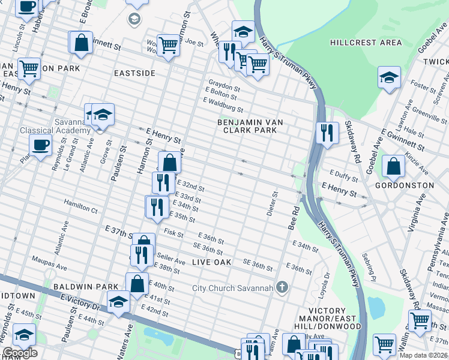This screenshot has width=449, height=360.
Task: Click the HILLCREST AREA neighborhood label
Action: pos(366,43)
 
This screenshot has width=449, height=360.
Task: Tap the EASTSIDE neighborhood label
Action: pos(135,73)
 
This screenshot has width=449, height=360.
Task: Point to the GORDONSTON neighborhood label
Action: pos(404,185)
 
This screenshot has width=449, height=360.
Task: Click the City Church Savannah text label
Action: pos(232,288)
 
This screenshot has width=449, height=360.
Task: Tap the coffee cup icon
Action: pos(41,145)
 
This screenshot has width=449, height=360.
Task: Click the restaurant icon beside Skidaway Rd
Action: pos(326,132)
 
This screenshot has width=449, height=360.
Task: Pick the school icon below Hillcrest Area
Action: pos(389,77)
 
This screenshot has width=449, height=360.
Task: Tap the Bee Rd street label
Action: pos(296,220)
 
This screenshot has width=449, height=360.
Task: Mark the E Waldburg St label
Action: pos(223,106)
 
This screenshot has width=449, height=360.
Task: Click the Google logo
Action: pos(20,353)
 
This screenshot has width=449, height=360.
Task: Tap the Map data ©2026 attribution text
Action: pos(423,355)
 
